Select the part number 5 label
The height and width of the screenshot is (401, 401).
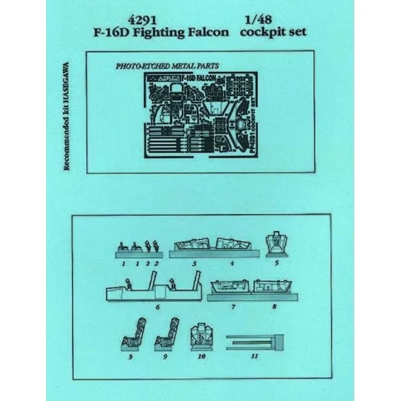pyautogui.click(x=276, y=262)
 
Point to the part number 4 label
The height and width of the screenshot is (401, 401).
pyautogui.click(x=232, y=263)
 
